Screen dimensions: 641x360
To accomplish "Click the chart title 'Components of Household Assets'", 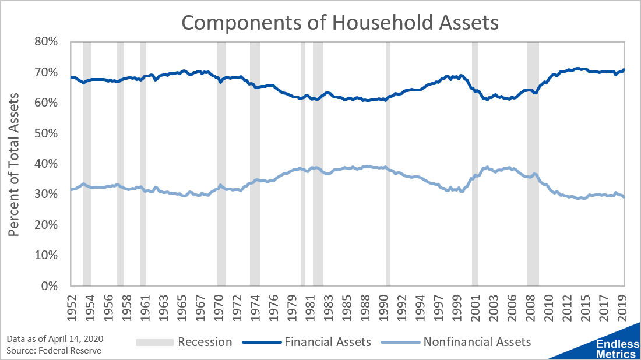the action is tap(340, 23).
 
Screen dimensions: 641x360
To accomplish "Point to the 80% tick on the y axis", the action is tap(46, 42).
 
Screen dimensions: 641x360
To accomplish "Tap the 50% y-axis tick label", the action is tap(46, 133).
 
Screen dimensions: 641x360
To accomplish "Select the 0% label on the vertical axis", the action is tap(49, 285).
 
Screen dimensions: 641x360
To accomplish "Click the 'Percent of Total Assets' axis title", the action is tap(14, 165).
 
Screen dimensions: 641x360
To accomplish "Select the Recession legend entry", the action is tap(184, 342).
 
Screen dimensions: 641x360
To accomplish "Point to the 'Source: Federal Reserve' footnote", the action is tap(54, 351).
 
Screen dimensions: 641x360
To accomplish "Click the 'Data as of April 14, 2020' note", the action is tap(55, 339).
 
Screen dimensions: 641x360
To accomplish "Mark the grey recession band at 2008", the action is tap(533, 164).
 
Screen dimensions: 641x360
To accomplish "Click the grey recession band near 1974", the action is tap(255, 164).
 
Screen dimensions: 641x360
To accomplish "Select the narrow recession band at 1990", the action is tap(388, 164).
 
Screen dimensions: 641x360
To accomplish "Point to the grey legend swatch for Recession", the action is tap(154, 343).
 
